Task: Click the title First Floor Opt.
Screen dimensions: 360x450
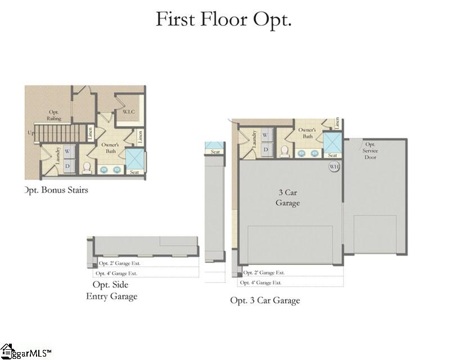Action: coord(223,19)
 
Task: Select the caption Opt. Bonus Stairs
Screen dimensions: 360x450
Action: coord(56,190)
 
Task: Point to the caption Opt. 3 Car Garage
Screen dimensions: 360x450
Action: coord(265,300)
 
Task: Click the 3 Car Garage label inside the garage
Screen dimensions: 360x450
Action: coord(289,197)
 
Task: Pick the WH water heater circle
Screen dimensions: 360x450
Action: coord(334,167)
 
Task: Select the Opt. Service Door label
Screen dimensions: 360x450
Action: coord(370,150)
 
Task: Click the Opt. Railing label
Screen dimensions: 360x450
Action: coord(54,115)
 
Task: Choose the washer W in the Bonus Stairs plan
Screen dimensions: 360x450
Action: coord(66,151)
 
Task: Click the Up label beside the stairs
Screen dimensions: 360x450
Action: coord(30,133)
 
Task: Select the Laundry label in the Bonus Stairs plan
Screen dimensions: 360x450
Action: coord(57,156)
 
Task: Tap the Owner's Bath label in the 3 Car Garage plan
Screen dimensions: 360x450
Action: coord(307,133)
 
